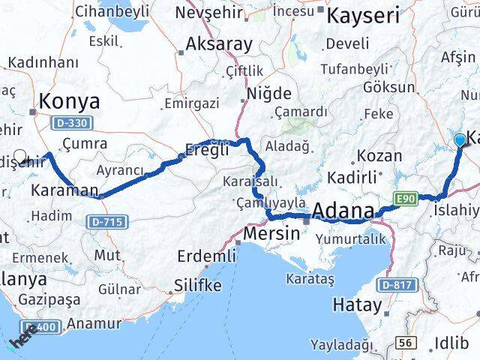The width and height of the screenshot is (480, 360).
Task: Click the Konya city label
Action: (69, 102)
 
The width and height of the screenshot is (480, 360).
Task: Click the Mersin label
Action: (273, 234)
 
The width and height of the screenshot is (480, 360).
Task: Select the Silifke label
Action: (198, 286)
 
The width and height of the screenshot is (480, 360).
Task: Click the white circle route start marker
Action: (20, 157)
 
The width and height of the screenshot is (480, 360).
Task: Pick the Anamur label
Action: (94, 324)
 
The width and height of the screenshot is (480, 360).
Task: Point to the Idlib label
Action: (452, 343)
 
